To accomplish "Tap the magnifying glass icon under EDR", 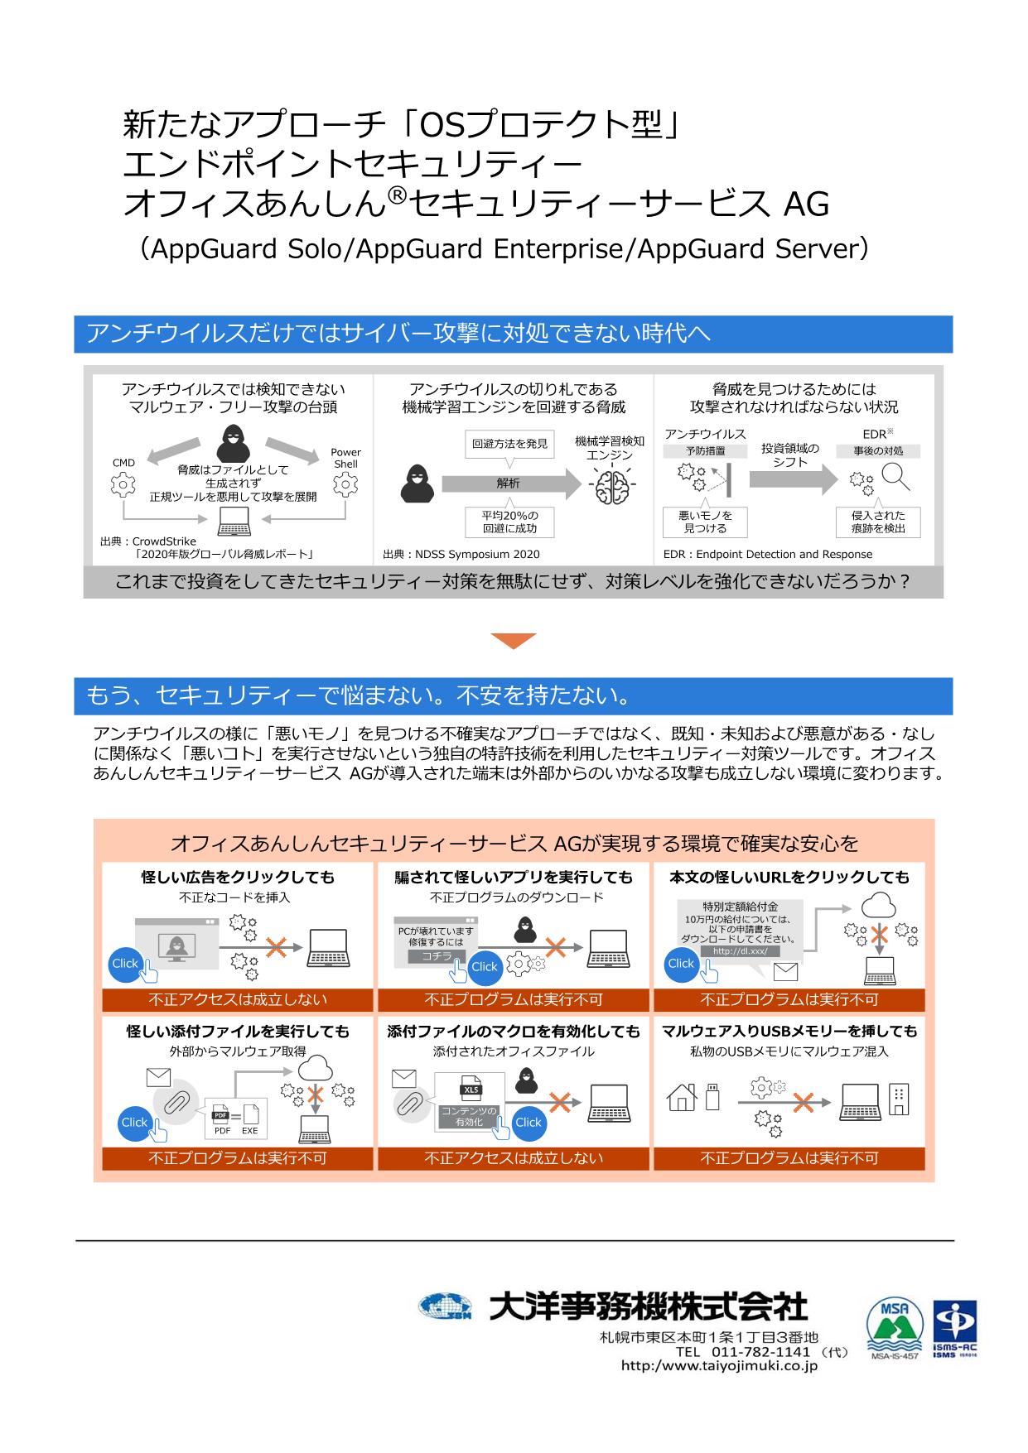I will [895, 476].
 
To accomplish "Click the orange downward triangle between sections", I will [514, 641].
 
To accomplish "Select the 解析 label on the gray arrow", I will [508, 484].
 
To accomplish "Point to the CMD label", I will [123, 463].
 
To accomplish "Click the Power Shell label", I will [345, 458].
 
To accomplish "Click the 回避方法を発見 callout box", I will [509, 444].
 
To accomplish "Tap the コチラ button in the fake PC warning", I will [437, 956].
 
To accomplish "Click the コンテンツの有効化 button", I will [468, 1116].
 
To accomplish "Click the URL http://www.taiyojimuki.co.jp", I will [719, 1366].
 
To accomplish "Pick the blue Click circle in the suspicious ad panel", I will [125, 963].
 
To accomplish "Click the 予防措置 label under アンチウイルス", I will [705, 451].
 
